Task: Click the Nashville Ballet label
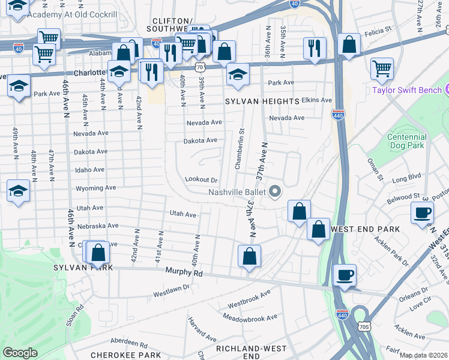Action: (237, 192)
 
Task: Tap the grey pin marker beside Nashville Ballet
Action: (276, 192)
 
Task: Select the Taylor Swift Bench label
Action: (406, 91)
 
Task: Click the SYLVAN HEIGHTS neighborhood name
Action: (262, 101)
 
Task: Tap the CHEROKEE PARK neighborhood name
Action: (118, 355)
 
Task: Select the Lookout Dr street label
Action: (201, 179)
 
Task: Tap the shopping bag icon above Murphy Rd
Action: (249, 256)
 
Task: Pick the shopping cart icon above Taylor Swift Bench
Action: (382, 68)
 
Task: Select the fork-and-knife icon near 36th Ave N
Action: (314, 47)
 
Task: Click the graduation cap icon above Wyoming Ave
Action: (18, 191)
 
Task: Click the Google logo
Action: (20, 352)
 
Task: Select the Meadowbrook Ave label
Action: (250, 317)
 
